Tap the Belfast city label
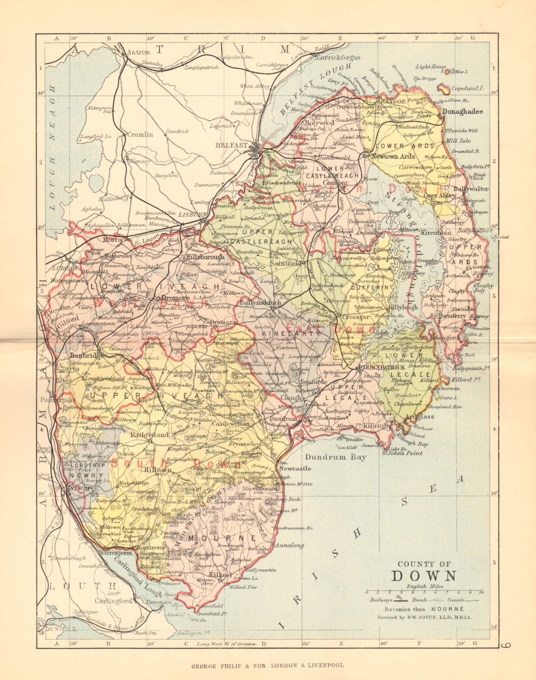231,145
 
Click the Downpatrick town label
382,366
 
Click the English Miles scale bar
423,592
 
